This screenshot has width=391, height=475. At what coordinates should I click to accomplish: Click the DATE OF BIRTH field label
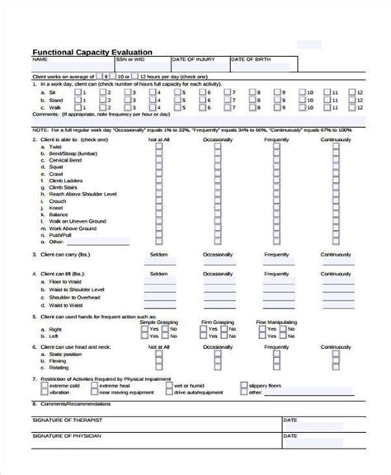[251, 59]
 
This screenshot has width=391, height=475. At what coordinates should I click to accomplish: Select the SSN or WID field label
[130, 59]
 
